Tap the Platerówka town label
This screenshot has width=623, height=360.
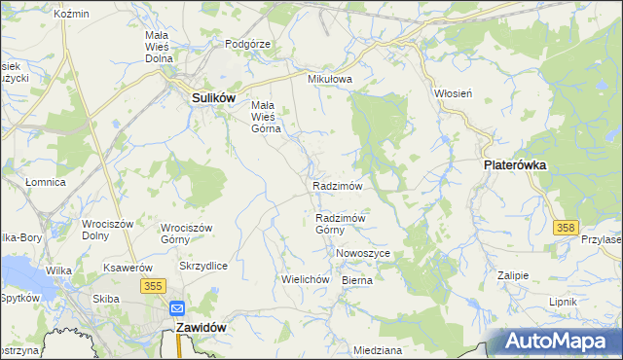click(515, 165)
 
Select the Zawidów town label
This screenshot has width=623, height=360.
click(202, 328)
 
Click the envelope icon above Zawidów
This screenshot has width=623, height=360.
click(177, 308)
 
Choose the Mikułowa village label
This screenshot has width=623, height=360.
click(328, 80)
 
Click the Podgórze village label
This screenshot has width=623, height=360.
click(247, 44)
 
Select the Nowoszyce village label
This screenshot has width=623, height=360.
click(362, 253)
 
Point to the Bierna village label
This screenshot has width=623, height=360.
click(357, 279)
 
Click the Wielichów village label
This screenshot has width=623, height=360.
click(302, 278)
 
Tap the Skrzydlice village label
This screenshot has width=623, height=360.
click(203, 266)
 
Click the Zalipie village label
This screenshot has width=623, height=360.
click(512, 275)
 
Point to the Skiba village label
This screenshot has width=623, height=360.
click(105, 299)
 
